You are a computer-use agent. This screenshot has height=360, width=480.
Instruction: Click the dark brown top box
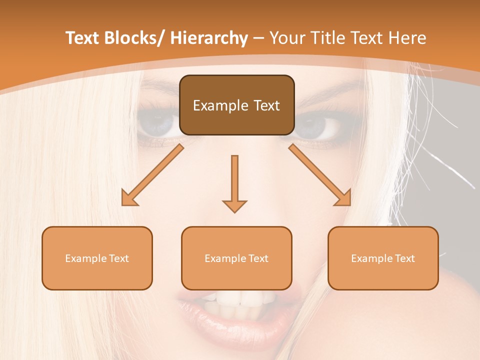pyautogui.click(x=236, y=105)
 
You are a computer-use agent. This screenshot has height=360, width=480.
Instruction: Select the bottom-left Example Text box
pyautogui.click(x=97, y=258)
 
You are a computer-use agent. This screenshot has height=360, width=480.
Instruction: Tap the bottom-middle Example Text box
pyautogui.click(x=236, y=258)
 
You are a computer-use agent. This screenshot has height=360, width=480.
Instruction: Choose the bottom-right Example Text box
pyautogui.click(x=383, y=258)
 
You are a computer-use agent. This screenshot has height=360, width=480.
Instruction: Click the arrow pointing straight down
pyautogui.click(x=234, y=182)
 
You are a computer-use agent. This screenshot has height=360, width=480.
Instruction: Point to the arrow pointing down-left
pyautogui.click(x=152, y=175)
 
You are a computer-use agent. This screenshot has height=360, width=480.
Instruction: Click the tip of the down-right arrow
pyautogui.click(x=349, y=204)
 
